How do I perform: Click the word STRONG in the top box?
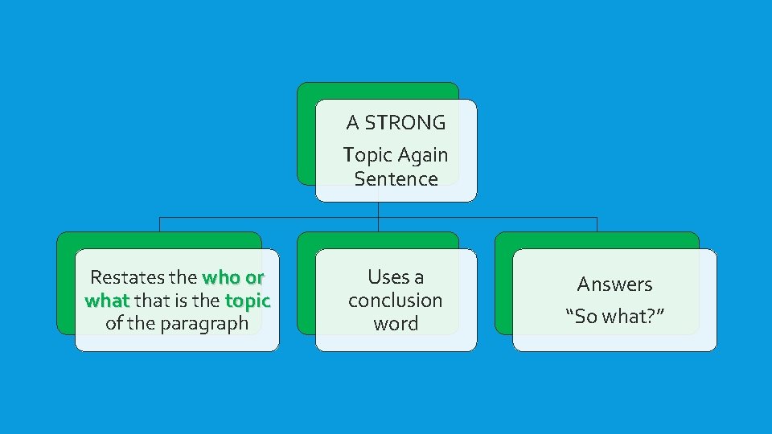pos(405,123)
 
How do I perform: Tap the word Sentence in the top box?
pos(396,178)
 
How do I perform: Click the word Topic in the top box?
pos(366,154)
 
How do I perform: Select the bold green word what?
pos(106,301)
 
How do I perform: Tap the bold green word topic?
pos(248,301)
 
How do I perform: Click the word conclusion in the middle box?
pos(396,301)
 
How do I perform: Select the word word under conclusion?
pos(396,324)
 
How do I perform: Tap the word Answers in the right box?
pos(615,284)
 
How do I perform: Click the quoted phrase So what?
pos(615,316)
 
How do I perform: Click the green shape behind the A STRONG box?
pos(306,133)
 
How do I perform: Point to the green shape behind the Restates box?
pos(65,281)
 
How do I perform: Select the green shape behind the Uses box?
pos(306,281)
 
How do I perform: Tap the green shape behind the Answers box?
pos(503,281)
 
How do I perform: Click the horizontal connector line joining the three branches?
pos(265,217)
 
